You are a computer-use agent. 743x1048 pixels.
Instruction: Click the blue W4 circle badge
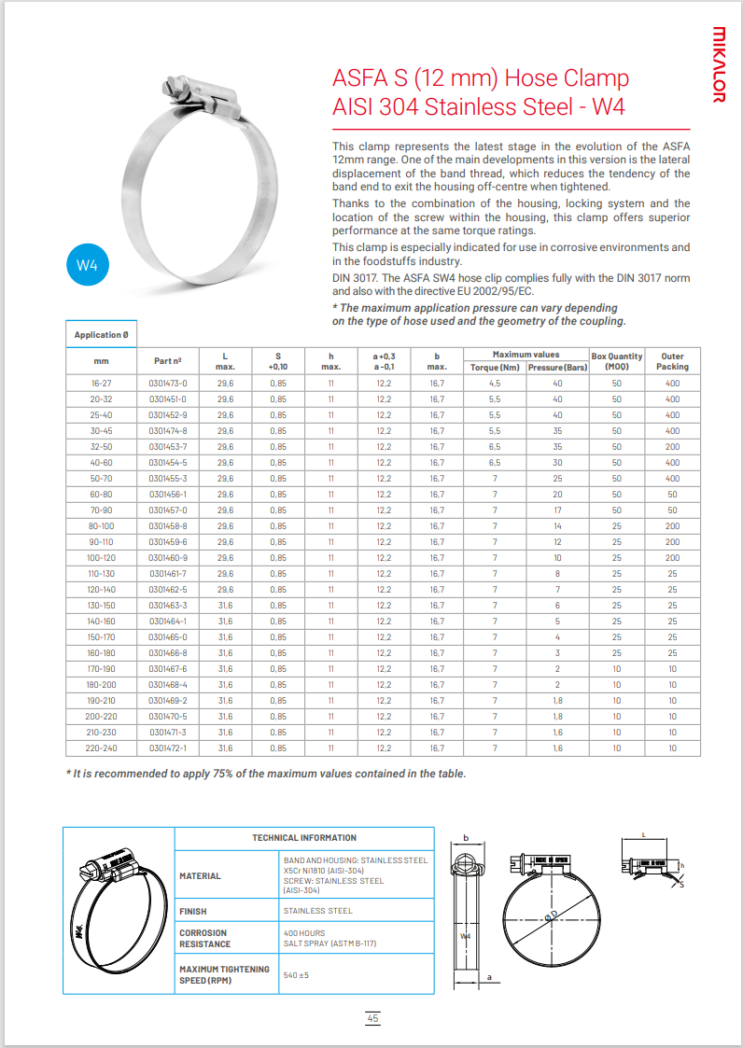[87, 266]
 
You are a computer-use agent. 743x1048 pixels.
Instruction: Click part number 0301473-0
[168, 384]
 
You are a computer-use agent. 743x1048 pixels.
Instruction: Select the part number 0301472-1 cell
[168, 748]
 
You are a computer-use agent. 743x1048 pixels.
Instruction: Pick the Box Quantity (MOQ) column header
[617, 361]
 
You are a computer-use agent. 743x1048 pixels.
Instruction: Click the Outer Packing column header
[672, 361]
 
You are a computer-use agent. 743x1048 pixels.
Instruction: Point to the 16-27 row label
[101, 384]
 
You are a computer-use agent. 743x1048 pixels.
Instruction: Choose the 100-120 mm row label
[101, 558]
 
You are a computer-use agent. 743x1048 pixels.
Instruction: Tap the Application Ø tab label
[102, 335]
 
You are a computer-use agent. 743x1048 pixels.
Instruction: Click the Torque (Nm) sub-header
[496, 367]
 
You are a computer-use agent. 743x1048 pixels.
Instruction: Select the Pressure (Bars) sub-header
[557, 367]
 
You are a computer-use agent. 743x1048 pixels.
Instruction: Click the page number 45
[372, 1019]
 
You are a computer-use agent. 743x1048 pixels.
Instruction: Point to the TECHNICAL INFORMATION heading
[304, 838]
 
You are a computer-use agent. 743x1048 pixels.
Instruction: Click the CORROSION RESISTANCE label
[203, 938]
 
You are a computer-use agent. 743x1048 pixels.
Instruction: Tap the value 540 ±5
[296, 974]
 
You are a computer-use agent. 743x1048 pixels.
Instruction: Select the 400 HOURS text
[303, 932]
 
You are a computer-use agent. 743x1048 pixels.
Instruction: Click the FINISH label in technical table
[193, 911]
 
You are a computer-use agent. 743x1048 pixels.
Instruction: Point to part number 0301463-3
[168, 606]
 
